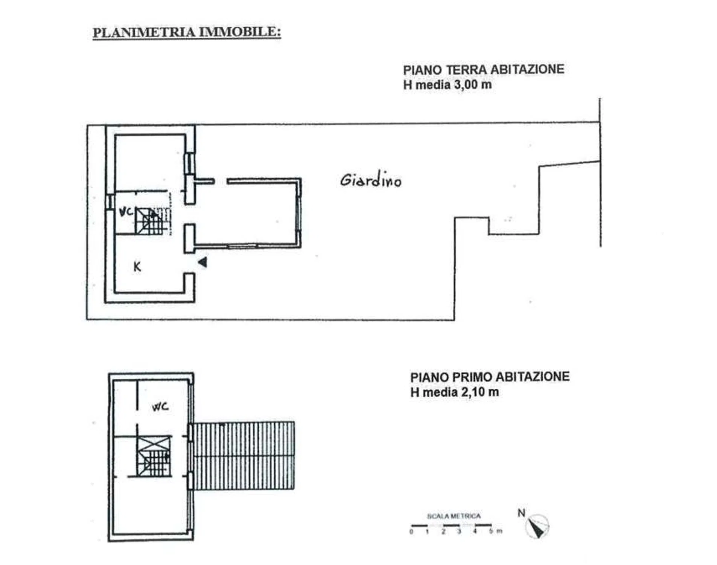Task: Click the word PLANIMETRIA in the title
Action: pyautogui.click(x=144, y=32)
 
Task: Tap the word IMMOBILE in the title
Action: pyautogui.click(x=239, y=32)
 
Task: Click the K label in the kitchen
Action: pyautogui.click(x=137, y=267)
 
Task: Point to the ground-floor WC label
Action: pyautogui.click(x=126, y=212)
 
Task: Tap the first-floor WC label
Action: pyautogui.click(x=160, y=407)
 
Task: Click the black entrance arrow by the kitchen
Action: pyautogui.click(x=202, y=262)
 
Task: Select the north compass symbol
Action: pyautogui.click(x=537, y=526)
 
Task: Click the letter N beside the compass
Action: pyautogui.click(x=521, y=513)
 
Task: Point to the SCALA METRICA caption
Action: pyautogui.click(x=454, y=516)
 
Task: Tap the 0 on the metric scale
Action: pyautogui.click(x=411, y=532)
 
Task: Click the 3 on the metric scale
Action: pyautogui.click(x=459, y=531)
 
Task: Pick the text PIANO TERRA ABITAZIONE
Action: pyautogui.click(x=484, y=70)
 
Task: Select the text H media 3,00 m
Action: pyautogui.click(x=448, y=85)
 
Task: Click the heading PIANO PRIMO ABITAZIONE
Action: pyautogui.click(x=490, y=377)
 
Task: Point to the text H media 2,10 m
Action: pyautogui.click(x=455, y=392)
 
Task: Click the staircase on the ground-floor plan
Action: pyautogui.click(x=152, y=221)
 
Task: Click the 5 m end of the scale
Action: pyautogui.click(x=495, y=531)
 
